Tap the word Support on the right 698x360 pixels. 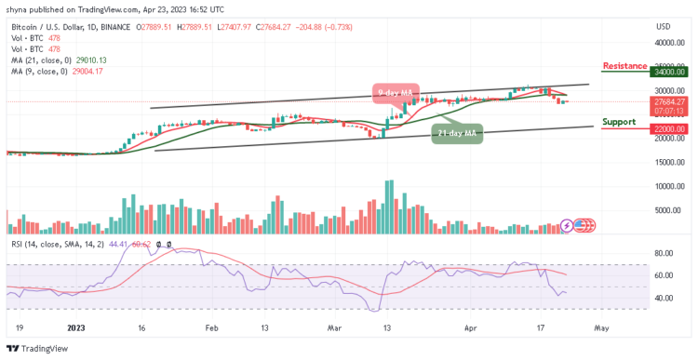[x=620, y=122]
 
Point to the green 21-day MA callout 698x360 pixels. [x=457, y=133]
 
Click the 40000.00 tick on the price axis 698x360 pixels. [x=669, y=43]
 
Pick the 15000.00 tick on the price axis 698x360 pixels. [x=669, y=163]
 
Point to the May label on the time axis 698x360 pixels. [x=601, y=327]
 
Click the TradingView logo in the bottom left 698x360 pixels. [x=39, y=349]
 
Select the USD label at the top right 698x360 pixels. [x=663, y=25]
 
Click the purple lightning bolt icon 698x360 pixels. [x=567, y=225]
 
